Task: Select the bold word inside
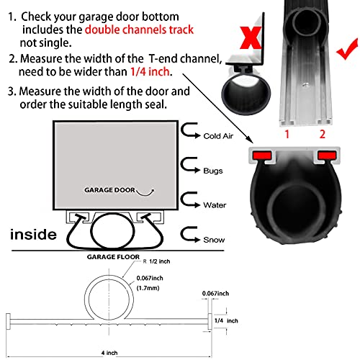(33, 234)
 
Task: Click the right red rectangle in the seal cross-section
(325, 156)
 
